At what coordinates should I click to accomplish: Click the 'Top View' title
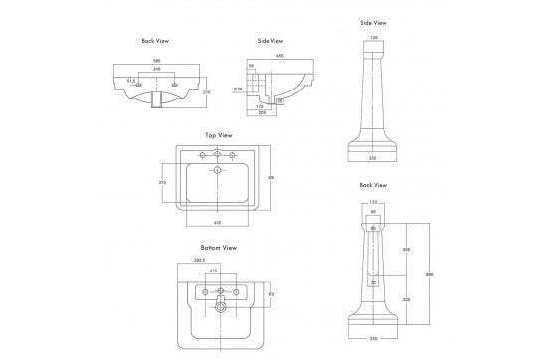coord(218,134)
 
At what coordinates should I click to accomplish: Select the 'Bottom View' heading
coord(218,247)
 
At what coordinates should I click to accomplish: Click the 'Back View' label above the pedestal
coord(373,185)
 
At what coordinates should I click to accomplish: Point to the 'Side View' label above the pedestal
coord(373,21)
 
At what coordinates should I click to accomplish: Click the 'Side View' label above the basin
coord(270,42)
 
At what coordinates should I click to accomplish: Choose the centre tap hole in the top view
coord(218,154)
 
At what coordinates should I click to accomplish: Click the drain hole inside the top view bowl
coord(218,171)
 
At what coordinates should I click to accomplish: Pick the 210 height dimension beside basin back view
coord(206,92)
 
